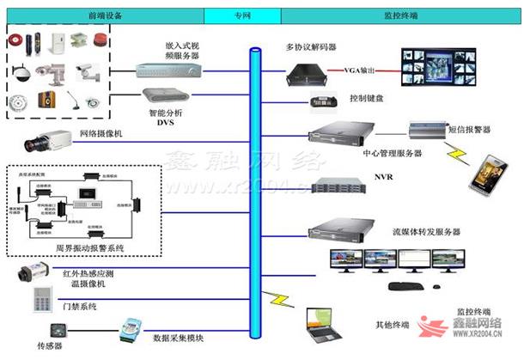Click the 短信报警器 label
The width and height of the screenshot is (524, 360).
pos(470,131)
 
